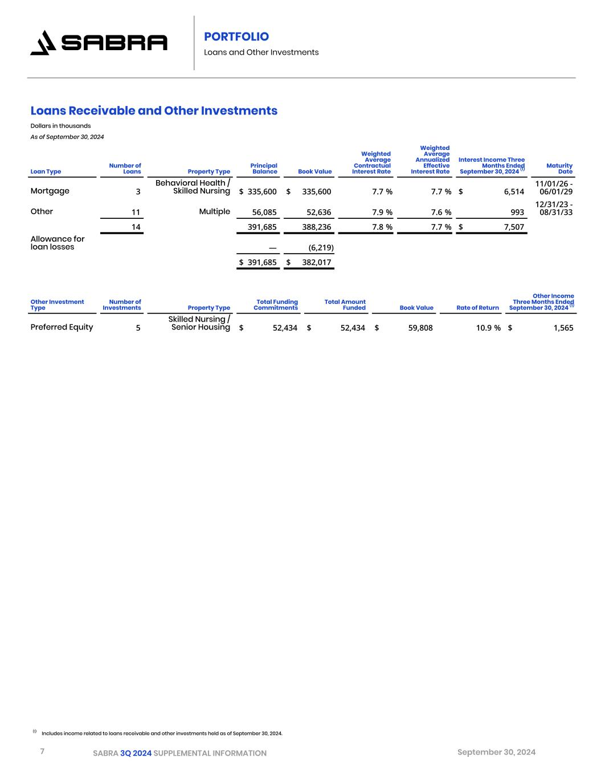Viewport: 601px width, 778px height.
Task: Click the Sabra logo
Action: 99,43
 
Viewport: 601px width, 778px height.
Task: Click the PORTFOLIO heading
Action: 236,36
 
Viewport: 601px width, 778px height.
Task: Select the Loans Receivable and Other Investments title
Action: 154,111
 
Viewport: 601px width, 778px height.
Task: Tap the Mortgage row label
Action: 50,191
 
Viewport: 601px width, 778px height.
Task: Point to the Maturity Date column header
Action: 559,168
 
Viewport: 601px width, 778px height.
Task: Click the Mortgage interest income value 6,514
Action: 514,192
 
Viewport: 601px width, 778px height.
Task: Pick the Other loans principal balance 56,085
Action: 264,212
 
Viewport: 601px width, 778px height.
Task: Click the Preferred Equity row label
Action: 62,327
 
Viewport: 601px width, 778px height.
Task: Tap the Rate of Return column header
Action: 477,308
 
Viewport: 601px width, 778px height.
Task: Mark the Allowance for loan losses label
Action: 57,243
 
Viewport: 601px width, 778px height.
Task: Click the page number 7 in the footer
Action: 42,751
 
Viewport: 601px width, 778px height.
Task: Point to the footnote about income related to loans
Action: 162,733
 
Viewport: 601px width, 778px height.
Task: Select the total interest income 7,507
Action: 513,227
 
